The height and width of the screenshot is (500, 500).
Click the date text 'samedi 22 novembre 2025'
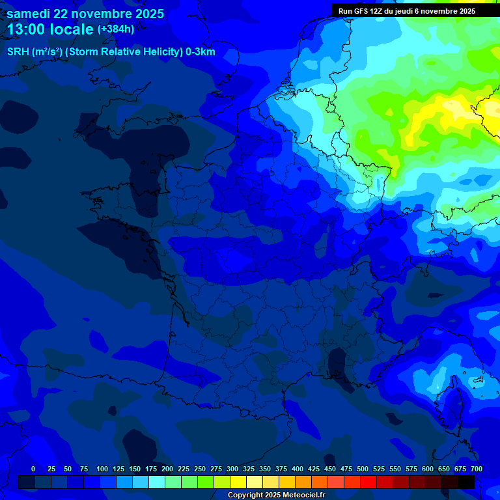[85, 14]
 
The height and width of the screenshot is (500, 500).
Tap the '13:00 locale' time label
[50, 29]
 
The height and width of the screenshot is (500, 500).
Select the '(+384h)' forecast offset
[116, 29]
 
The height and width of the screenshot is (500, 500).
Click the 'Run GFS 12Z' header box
[407, 11]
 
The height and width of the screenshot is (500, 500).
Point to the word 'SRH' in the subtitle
[18, 52]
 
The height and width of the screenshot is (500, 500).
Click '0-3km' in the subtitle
[201, 52]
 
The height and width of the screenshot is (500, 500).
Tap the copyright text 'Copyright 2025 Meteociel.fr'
[276, 495]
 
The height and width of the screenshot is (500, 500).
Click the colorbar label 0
[33, 469]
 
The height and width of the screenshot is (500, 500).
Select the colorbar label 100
[102, 469]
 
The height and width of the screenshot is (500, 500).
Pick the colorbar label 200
[167, 469]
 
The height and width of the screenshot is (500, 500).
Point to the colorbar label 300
[232, 469]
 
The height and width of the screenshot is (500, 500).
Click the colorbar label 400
[298, 469]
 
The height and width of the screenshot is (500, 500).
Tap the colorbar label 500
[363, 469]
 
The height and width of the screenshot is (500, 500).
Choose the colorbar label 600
[428, 469]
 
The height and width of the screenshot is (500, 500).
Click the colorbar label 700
[476, 469]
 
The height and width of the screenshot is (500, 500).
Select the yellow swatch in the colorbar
[238, 482]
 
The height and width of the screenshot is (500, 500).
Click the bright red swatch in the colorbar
[368, 482]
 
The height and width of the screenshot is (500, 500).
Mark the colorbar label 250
[200, 469]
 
